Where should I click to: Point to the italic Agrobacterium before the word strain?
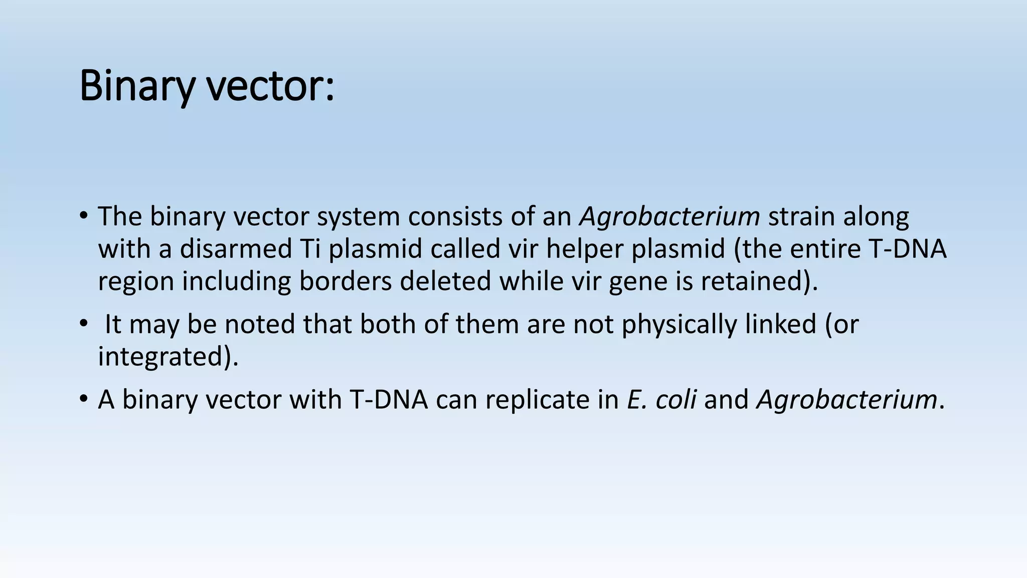pyautogui.click(x=669, y=217)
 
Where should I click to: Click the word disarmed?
pyautogui.click(x=236, y=249)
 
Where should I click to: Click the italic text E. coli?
pyautogui.click(x=661, y=400)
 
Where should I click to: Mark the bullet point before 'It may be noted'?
pyautogui.click(x=83, y=323)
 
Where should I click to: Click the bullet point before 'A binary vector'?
pyautogui.click(x=83, y=399)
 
